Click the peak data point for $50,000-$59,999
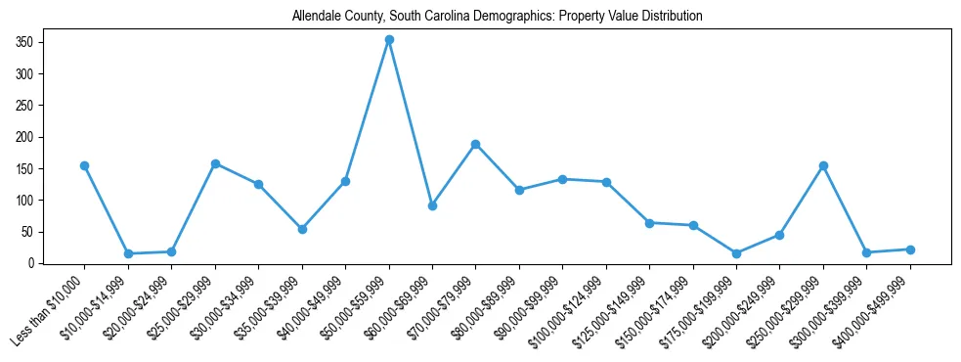(x=389, y=40)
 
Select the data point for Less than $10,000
(x=85, y=165)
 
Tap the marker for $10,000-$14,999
(x=128, y=253)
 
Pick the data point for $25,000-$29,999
(x=215, y=163)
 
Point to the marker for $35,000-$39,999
(x=302, y=229)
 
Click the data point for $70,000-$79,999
(x=475, y=145)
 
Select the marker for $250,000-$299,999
(x=823, y=165)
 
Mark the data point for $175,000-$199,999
(x=736, y=253)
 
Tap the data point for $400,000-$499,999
(x=910, y=249)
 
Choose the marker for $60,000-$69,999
(x=432, y=205)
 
